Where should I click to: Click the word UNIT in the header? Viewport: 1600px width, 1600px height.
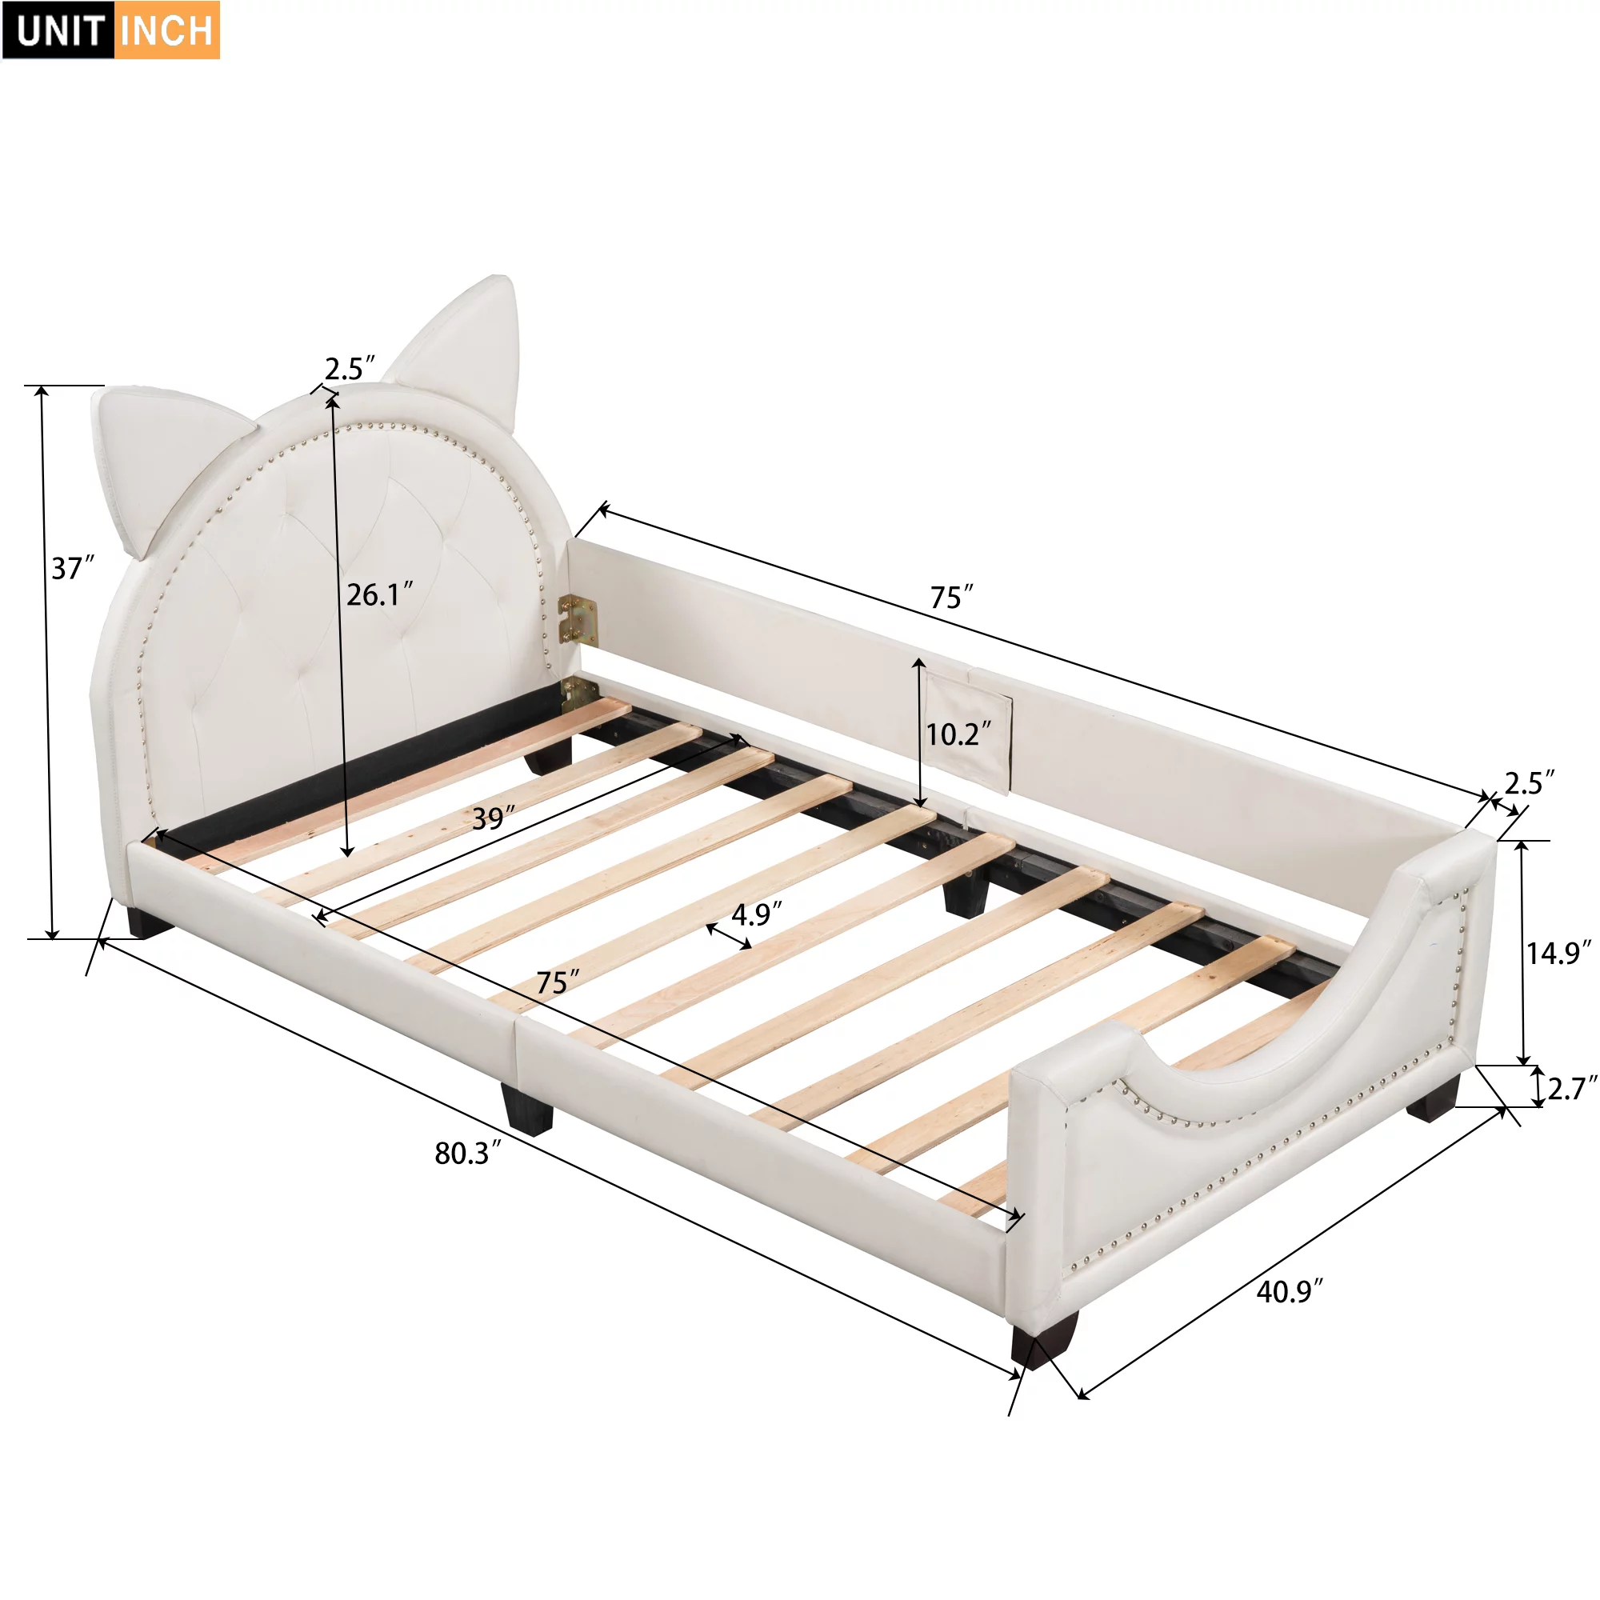point(58,30)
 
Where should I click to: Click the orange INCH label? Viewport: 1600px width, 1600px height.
point(166,30)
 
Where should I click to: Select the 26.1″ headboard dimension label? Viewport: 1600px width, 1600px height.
point(379,594)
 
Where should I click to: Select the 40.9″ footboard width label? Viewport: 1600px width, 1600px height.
point(1290,1291)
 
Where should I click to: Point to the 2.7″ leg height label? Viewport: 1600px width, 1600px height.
point(1571,1088)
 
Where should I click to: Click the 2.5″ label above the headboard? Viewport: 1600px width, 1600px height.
point(350,369)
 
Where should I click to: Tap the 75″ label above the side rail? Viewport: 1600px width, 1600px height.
point(951,596)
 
